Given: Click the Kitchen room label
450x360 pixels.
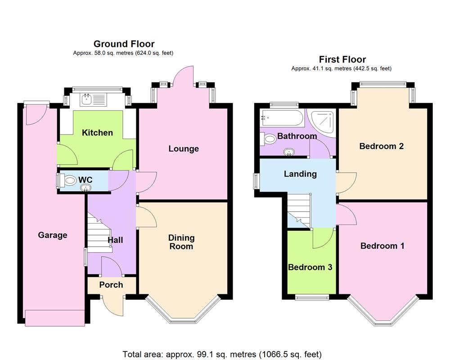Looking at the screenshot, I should (97, 133).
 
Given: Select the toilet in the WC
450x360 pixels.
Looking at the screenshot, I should (70, 181).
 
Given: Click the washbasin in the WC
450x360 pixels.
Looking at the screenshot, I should (85, 188).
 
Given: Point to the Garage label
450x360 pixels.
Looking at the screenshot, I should (53, 235).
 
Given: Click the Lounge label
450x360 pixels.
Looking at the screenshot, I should (184, 149).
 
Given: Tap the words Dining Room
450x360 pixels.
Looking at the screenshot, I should (181, 242).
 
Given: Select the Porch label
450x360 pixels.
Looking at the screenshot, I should (111, 285).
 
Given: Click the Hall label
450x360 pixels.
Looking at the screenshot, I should (115, 240).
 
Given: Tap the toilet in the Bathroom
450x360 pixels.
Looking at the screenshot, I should (270, 140).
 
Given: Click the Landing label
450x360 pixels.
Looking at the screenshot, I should (300, 174).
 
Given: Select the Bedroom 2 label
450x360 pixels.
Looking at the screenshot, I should (382, 146).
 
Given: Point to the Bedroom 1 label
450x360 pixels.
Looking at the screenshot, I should (382, 246).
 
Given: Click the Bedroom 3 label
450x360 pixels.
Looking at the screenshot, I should (310, 267).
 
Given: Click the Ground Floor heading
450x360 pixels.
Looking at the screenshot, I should (124, 44).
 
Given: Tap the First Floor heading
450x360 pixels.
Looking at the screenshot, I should (342, 59).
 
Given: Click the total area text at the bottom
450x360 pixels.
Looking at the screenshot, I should (222, 354).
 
